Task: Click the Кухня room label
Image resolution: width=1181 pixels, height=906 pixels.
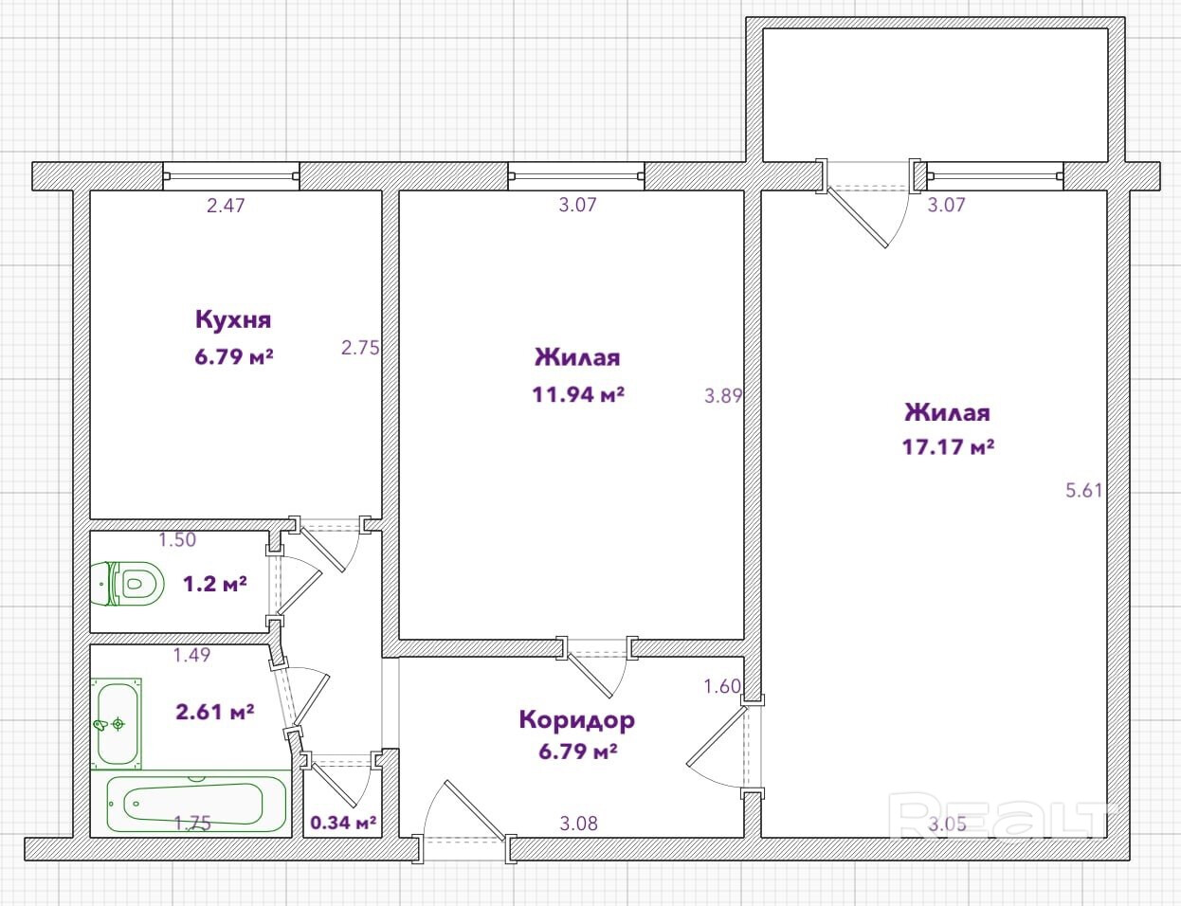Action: click(233, 319)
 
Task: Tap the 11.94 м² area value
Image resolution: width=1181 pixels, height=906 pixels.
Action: click(578, 395)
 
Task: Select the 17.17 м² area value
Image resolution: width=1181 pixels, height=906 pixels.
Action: click(948, 447)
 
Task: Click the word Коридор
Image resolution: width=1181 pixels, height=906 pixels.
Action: click(577, 720)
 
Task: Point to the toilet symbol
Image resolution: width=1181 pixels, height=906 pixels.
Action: click(128, 584)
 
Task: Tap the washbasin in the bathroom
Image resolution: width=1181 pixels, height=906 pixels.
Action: click(117, 723)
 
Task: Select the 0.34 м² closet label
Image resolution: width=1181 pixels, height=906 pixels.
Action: click(343, 823)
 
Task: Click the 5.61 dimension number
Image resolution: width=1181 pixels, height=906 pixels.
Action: click(1083, 491)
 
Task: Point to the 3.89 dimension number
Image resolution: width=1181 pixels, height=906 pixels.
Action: click(723, 396)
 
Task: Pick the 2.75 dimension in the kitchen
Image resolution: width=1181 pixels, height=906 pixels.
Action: click(360, 348)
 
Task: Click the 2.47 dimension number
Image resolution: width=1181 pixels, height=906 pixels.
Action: click(226, 206)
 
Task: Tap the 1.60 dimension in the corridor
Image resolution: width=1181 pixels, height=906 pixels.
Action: click(722, 686)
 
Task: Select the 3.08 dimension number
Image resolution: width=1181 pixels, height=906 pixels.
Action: click(578, 824)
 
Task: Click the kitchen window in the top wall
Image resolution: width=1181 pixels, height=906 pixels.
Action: click(231, 176)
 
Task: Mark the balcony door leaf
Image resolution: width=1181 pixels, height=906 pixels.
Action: click(856, 217)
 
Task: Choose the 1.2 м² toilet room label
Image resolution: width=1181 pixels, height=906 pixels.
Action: click(215, 585)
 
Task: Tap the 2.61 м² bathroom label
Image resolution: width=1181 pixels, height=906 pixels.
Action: click(215, 712)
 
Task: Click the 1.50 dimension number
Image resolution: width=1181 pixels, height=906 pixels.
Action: click(177, 539)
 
